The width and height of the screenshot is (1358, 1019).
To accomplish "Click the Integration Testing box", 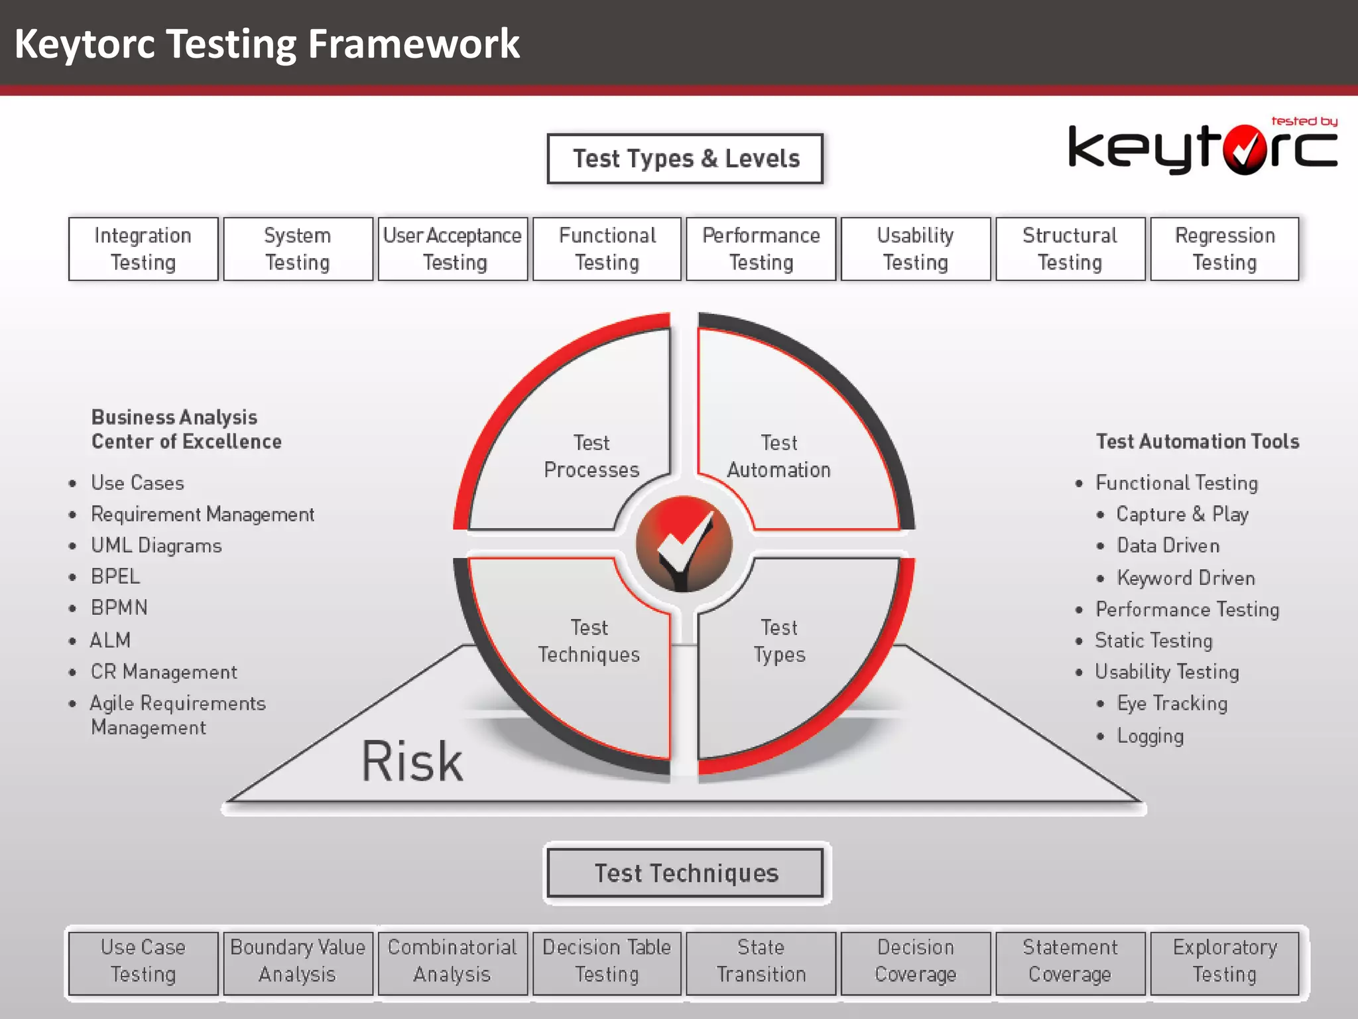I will tap(143, 249).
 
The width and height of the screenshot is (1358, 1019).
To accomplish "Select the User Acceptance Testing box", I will tap(453, 249).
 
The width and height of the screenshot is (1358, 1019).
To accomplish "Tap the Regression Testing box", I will tap(1225, 249).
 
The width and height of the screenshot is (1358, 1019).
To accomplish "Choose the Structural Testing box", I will tap(1070, 249).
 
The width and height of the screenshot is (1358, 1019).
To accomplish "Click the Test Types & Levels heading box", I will tap(685, 159).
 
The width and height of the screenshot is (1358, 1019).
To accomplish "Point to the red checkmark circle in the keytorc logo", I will tap(1245, 150).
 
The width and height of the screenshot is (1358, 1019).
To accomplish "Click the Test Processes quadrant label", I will tap(591, 456).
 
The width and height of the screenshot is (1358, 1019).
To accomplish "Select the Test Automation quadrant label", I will tap(779, 456).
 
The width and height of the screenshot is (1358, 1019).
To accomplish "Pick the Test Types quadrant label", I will tap(779, 641).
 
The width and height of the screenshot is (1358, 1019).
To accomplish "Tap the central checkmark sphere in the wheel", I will tap(684, 544).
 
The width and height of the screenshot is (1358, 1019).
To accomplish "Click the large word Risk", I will tap(412, 762).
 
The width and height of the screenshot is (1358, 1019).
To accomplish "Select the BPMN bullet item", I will tap(119, 608).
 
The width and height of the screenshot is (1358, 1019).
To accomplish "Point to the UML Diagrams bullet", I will tap(156, 545).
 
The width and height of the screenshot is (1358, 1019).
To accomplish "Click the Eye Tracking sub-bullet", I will tap(1172, 703).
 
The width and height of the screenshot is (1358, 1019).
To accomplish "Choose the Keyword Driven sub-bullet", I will tap(1186, 578).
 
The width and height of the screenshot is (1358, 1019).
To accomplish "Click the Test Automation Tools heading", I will tap(1198, 442).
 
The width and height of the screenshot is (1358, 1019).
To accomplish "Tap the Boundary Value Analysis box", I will tap(298, 961).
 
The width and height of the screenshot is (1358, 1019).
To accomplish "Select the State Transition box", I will tap(761, 961).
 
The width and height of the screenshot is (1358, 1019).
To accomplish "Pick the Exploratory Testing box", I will tap(1225, 961).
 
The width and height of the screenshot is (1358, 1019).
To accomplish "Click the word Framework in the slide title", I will tap(414, 44).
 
